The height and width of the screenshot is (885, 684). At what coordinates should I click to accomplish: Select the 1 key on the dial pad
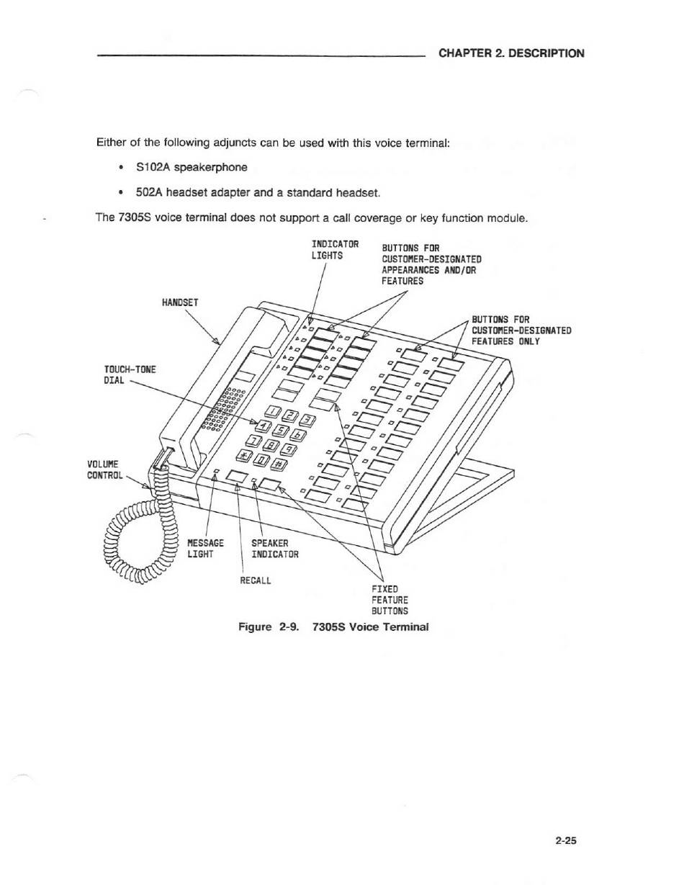[275, 411]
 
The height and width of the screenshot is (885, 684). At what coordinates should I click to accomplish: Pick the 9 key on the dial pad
[287, 450]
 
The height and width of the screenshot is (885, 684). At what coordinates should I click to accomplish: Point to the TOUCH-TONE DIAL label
[130, 374]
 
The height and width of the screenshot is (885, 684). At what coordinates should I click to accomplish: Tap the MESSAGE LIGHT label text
[205, 548]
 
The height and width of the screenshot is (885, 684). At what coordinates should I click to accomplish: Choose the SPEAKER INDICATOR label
[274, 548]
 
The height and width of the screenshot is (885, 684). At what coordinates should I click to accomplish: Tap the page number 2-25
[568, 840]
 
